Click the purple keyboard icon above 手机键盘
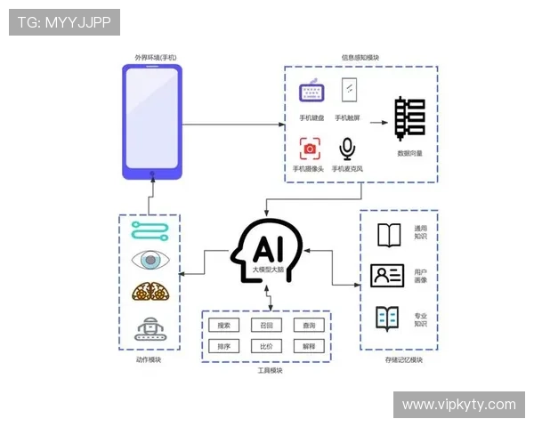pos(312,93)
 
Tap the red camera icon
pos(309,148)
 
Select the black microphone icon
pos(347,148)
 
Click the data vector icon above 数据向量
pos(409,117)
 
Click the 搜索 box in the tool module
pos(224,326)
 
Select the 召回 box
pos(266,326)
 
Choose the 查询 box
pos(309,326)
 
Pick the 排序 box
pos(224,347)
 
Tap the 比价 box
pos(266,347)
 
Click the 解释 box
pos(309,347)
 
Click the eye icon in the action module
pos(149,261)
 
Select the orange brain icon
pos(149,293)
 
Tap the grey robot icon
pos(149,330)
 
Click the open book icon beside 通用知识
pos(389,235)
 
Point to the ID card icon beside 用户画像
pos(387,276)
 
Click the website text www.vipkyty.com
pos(458,405)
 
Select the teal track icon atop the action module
pos(149,230)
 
